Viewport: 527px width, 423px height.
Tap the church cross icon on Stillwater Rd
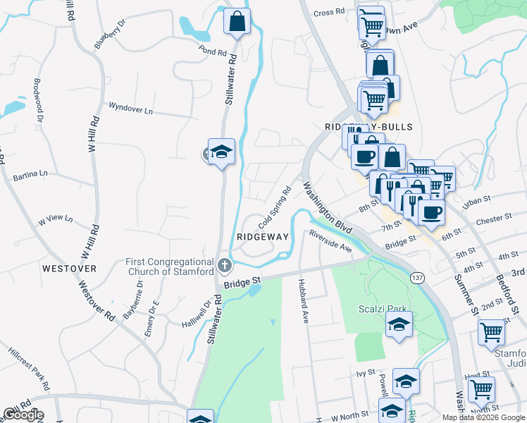(225, 266)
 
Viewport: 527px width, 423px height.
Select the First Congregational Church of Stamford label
(169, 266)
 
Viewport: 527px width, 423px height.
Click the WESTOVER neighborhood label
(68, 269)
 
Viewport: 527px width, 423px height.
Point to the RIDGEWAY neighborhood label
(263, 237)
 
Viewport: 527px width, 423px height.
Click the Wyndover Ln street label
(130, 109)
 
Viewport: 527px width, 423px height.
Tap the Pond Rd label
(212, 52)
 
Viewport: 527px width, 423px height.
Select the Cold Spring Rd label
(275, 207)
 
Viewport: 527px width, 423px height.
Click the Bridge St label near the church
(242, 281)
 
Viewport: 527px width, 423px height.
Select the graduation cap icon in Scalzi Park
(399, 325)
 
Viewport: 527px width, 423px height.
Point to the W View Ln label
(56, 220)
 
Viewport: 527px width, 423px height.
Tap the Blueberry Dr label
(108, 35)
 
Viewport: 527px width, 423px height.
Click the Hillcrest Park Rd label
(29, 368)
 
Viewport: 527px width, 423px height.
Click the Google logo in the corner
(23, 415)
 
